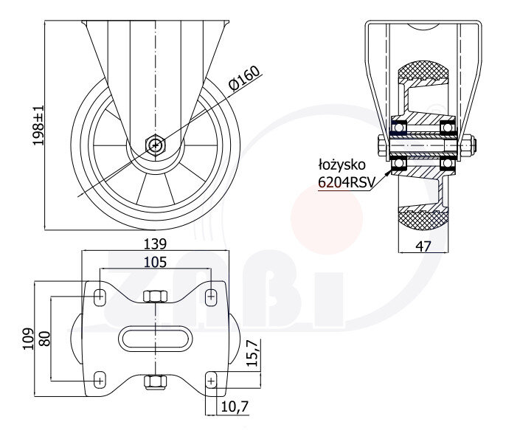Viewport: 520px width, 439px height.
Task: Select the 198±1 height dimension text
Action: [38, 125]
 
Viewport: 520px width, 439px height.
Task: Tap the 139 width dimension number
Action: [155, 244]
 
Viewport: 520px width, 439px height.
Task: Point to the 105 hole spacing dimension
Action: [155, 262]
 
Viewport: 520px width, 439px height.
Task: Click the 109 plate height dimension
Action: [29, 339]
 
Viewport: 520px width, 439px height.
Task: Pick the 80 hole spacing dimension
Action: [44, 339]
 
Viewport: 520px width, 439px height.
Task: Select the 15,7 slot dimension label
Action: [253, 354]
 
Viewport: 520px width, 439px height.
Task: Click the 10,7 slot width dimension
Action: [235, 407]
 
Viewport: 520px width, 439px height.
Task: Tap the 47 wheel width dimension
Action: [423, 246]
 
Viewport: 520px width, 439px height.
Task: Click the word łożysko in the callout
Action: [342, 165]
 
